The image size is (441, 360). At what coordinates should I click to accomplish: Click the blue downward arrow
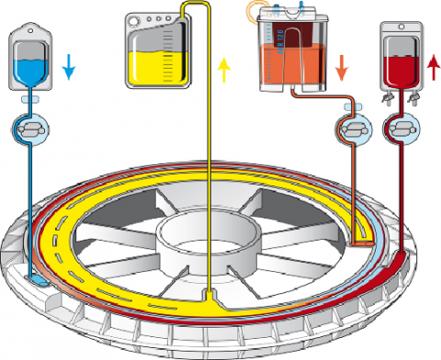click(71, 66)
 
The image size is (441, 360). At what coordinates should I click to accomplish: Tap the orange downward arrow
click(341, 66)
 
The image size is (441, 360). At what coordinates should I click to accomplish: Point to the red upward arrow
click(431, 66)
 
